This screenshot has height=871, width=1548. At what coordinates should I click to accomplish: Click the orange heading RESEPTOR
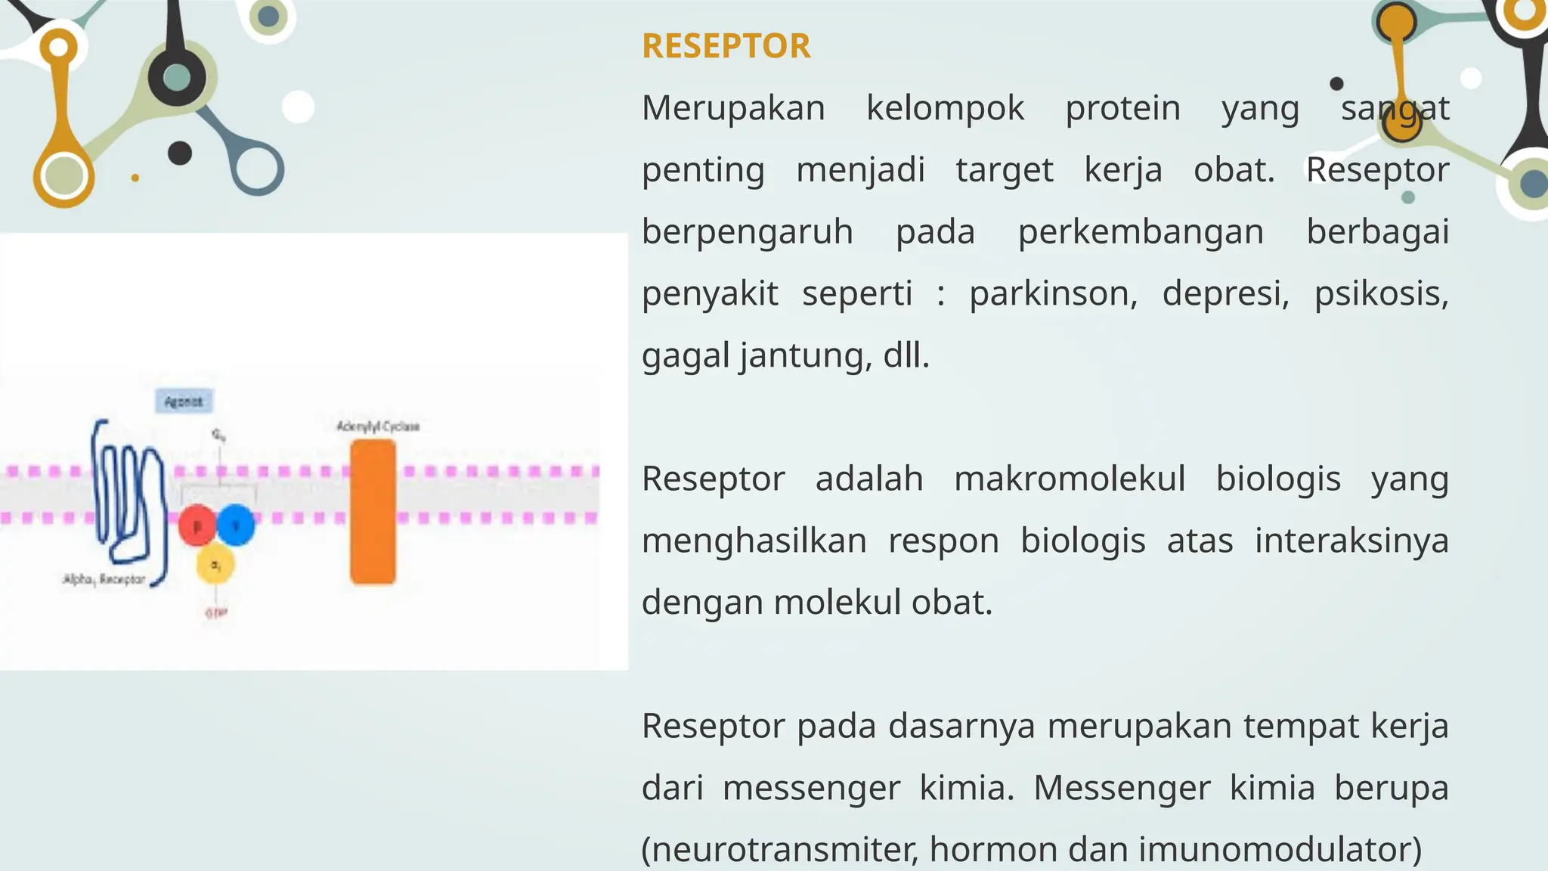click(726, 46)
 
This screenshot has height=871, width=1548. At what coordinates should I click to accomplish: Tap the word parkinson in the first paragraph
click(1053, 293)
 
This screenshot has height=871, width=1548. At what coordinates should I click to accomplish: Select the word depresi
click(1225, 293)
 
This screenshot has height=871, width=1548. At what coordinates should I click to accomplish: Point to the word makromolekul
click(1070, 479)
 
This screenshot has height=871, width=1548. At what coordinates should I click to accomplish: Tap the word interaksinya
click(1351, 541)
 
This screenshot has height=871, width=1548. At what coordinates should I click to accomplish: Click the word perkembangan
click(1141, 232)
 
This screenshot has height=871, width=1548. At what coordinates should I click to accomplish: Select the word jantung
click(804, 355)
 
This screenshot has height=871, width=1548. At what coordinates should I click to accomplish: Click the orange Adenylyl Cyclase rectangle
click(373, 512)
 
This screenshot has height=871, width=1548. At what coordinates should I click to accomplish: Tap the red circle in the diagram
click(197, 525)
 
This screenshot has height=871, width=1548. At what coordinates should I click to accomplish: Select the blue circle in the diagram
click(236, 523)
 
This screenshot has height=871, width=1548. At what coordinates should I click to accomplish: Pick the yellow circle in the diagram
click(215, 564)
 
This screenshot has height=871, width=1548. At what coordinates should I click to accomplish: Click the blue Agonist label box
click(184, 401)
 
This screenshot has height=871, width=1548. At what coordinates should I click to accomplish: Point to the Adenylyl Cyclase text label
click(378, 426)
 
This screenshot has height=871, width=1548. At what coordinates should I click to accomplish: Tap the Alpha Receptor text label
click(104, 579)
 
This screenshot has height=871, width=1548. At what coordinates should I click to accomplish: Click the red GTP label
click(216, 612)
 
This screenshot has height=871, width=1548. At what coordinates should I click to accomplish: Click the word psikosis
click(1381, 293)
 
